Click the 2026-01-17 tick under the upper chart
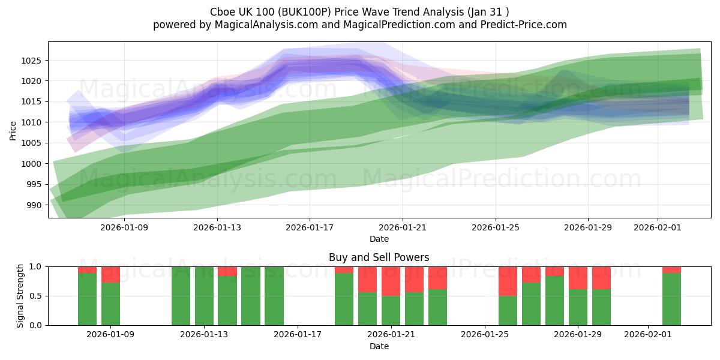click(x=310, y=227)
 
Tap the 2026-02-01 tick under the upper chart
click(x=658, y=227)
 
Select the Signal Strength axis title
click(x=20, y=295)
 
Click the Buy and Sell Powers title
click(x=379, y=257)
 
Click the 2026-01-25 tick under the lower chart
click(x=484, y=334)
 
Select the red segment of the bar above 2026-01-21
click(x=391, y=281)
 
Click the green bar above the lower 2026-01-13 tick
click(x=204, y=296)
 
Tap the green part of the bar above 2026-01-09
click(x=110, y=304)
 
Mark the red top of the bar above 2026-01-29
click(x=578, y=278)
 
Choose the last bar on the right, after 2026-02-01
click(x=671, y=299)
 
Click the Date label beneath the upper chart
click(x=379, y=239)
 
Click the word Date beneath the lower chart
click(x=379, y=346)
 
